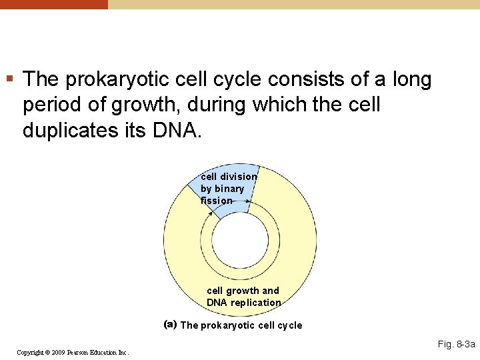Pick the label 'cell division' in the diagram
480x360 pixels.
pos(229,177)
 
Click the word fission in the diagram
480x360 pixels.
pos(217,201)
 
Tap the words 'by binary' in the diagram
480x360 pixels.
pos(222,189)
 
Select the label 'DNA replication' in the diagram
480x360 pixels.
pos(244,303)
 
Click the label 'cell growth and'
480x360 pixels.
pos(243,291)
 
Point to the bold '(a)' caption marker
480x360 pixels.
pos(170,325)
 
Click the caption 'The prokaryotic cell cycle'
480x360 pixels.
pos(241,325)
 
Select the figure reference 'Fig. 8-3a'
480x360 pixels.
pos(456,344)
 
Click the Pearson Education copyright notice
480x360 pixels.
pos(73,351)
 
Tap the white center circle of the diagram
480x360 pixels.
pos(240,240)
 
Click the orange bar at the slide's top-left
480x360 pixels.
pos(53,4)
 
